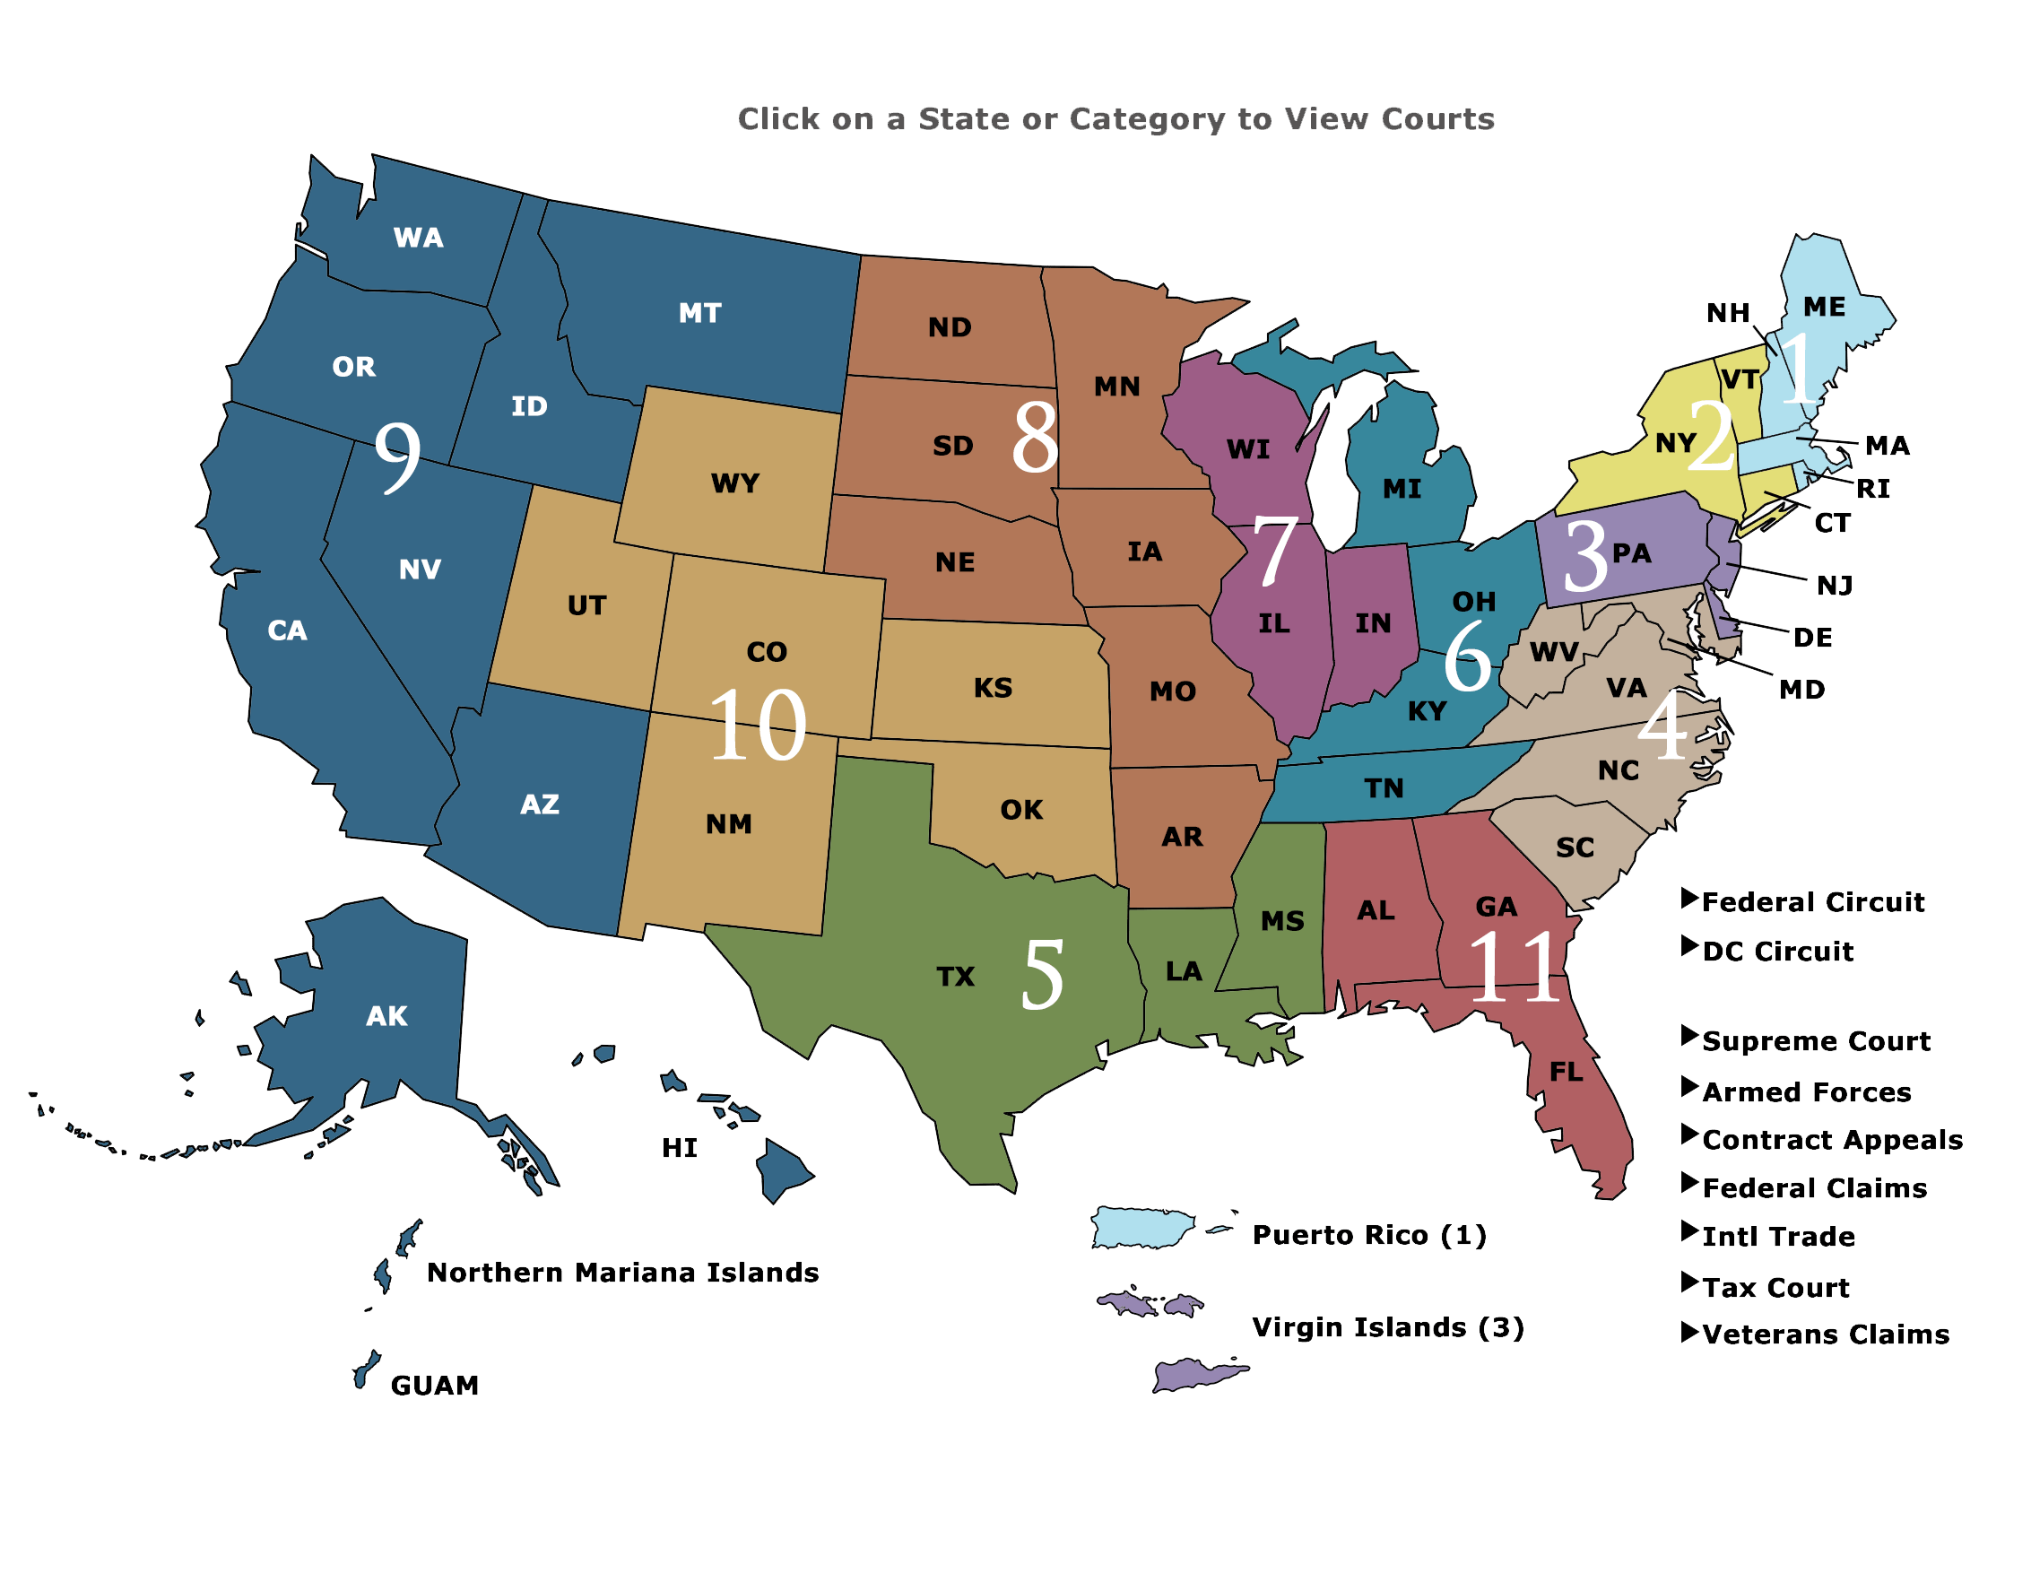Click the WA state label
click(x=418, y=238)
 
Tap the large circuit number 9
click(x=397, y=456)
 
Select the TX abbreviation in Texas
click(x=956, y=976)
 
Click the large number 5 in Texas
click(x=1042, y=974)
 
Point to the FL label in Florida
click(x=1567, y=1072)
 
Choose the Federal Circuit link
click(x=1812, y=901)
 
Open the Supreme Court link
click(x=1816, y=1040)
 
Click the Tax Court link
click(x=1775, y=1287)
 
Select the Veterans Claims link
click(x=1825, y=1334)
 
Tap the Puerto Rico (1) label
click(x=1369, y=1235)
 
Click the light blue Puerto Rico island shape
click(x=1142, y=1228)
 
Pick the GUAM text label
click(x=435, y=1385)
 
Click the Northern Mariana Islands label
click(x=622, y=1273)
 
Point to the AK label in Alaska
click(x=386, y=1015)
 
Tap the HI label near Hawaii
click(x=680, y=1148)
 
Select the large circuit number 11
click(x=1515, y=969)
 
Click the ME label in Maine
click(x=1824, y=307)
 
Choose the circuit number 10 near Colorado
click(x=757, y=726)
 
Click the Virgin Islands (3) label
click(x=1387, y=1327)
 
